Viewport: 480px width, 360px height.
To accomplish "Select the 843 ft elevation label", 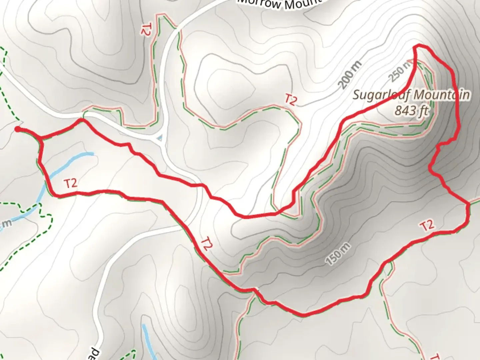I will pos(411,110).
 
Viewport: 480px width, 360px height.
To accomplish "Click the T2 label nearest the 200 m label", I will pos(290,100).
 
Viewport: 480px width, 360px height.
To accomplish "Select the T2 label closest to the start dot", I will pos(70,183).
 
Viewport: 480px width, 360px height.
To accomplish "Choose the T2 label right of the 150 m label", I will pos(427,225).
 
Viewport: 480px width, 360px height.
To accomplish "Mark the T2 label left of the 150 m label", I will pos(207,244).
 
